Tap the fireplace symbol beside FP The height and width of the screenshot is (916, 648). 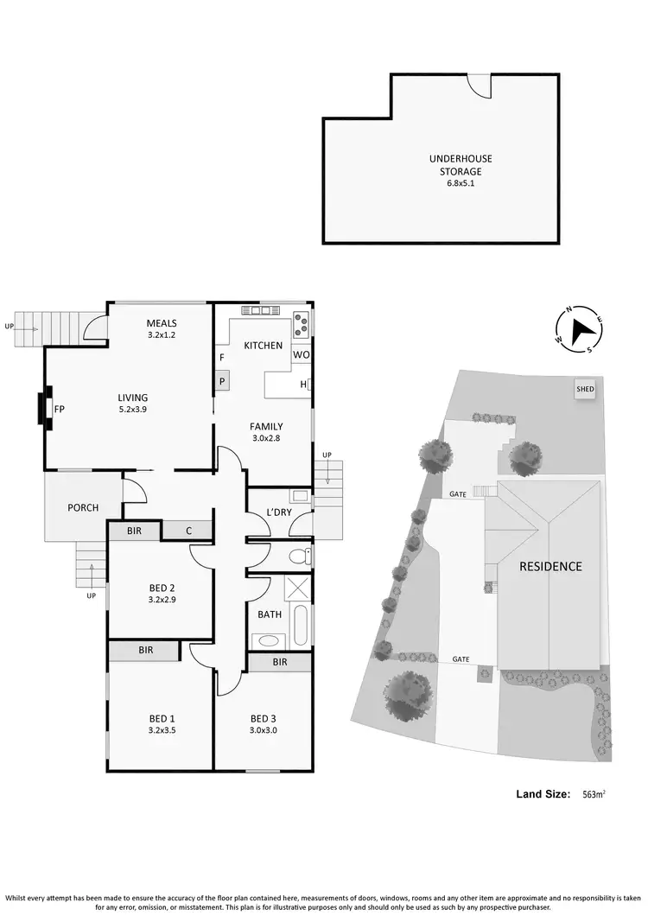pos(41,409)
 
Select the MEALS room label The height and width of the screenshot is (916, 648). pos(162,323)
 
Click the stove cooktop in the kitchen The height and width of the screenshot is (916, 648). pos(302,324)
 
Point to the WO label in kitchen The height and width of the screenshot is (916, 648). pos(301,355)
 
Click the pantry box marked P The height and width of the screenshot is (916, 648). pos(221,380)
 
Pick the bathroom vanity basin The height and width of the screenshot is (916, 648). pos(270,641)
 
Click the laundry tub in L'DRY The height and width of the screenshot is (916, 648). pos(300,496)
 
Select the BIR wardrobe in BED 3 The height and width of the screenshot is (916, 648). pos(279,662)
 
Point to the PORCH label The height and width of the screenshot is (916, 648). pos(83,507)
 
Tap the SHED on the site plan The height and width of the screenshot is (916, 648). pos(585,390)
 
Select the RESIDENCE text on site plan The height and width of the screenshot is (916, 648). pos(550,567)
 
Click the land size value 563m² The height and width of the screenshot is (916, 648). pos(593,794)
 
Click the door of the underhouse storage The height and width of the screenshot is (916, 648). pos(478,85)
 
